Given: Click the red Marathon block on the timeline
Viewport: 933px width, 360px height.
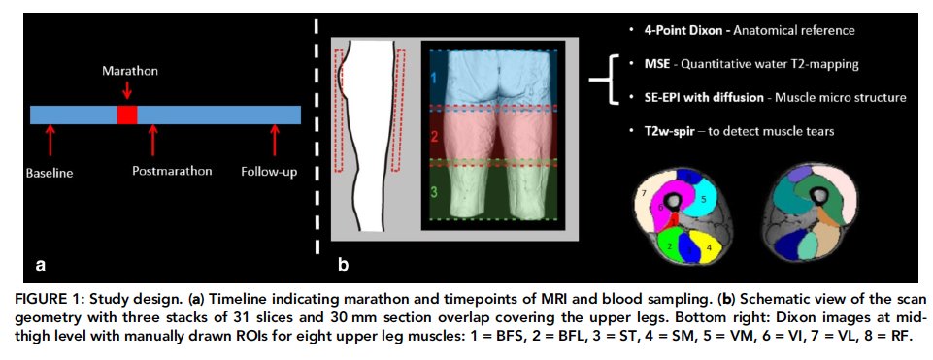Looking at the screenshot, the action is coord(126,115).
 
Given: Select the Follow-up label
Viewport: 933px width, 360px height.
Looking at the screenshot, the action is coord(269,172).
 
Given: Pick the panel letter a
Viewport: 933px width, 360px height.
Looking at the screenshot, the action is coord(39,262).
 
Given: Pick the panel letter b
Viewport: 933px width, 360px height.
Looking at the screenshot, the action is coord(342,261).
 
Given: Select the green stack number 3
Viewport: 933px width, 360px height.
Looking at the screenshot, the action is coord(436,192).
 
